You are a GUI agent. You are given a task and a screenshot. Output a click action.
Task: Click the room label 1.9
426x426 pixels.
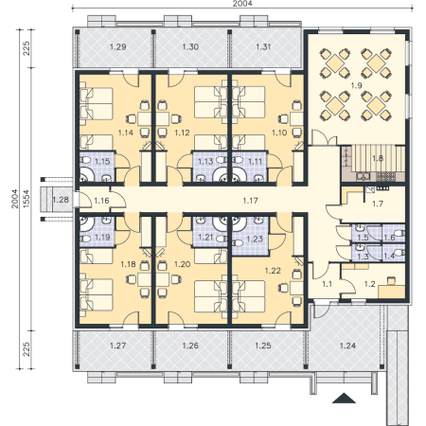357,85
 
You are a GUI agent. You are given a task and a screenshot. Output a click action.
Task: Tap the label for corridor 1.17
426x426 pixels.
251,201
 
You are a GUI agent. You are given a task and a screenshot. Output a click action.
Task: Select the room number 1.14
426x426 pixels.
126,133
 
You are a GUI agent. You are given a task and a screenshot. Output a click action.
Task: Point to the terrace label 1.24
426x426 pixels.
347,346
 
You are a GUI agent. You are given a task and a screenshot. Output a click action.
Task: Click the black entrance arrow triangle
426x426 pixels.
344,399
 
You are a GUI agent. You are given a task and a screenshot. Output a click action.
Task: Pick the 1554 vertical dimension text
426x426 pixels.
27,199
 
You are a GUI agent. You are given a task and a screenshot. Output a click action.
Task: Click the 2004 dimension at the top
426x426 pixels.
242,4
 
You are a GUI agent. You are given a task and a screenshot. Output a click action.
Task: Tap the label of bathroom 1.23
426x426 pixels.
255,239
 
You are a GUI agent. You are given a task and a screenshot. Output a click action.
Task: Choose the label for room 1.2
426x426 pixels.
369,284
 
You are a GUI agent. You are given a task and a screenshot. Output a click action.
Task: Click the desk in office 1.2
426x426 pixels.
392,292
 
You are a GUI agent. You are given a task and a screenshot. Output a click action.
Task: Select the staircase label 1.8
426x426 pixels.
378,158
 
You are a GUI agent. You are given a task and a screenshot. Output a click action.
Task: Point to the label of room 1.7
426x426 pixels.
378,204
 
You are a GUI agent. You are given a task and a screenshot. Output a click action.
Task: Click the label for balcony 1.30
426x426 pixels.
190,46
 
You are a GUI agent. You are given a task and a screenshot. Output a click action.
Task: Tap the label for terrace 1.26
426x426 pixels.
190,346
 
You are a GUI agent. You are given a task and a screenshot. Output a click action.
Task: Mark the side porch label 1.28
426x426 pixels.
61,200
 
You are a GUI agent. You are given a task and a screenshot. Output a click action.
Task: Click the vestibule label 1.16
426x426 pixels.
101,201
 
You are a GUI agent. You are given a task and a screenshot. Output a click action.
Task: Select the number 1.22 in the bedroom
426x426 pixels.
273,271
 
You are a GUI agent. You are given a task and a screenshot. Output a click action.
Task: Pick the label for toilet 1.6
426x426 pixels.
389,238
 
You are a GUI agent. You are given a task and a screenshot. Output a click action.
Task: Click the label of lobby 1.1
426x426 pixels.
327,284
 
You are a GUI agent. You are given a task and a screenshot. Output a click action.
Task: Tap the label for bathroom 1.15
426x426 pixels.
102,162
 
